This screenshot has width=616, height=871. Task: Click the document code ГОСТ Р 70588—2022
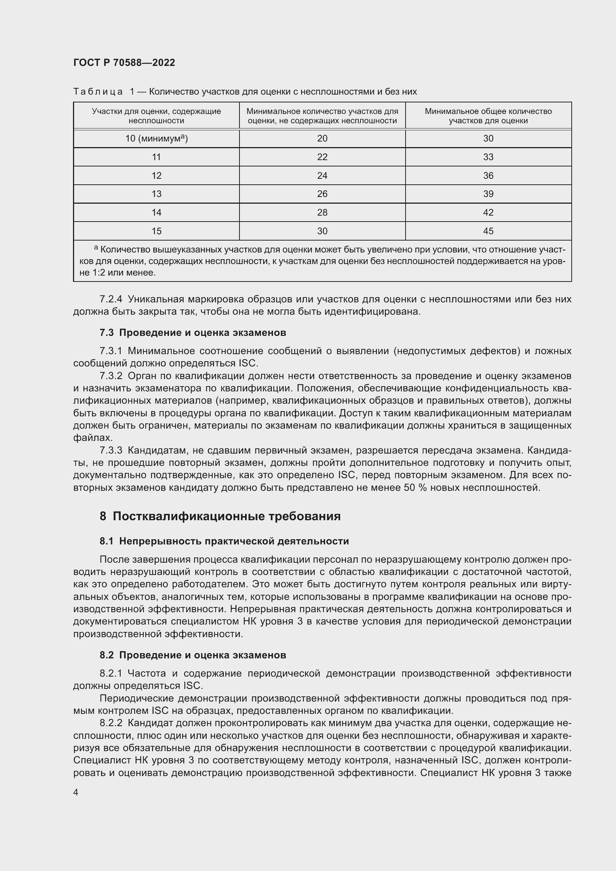click(x=124, y=63)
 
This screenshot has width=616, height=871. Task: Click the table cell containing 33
click(x=488, y=157)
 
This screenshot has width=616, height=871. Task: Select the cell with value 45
click(x=488, y=231)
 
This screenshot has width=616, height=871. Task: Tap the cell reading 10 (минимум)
click(x=156, y=139)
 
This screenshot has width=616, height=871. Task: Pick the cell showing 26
click(x=322, y=194)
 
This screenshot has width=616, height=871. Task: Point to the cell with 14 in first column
click(x=156, y=212)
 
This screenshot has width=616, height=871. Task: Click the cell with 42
click(x=488, y=212)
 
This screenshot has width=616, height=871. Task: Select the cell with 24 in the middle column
click(x=322, y=176)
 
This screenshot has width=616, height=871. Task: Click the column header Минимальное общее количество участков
click(x=488, y=116)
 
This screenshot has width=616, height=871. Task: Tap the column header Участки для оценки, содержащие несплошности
click(x=156, y=116)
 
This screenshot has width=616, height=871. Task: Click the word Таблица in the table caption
click(x=98, y=92)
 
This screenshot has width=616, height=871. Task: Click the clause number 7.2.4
click(x=111, y=299)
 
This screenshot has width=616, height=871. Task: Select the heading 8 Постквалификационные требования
click(x=220, y=516)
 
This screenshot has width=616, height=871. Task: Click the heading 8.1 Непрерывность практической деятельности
click(x=224, y=541)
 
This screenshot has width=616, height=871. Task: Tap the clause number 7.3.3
click(x=111, y=451)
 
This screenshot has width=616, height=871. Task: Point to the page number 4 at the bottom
click(x=76, y=792)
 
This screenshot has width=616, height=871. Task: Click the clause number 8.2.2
click(x=111, y=724)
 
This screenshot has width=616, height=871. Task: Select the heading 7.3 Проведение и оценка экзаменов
click(x=193, y=333)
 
